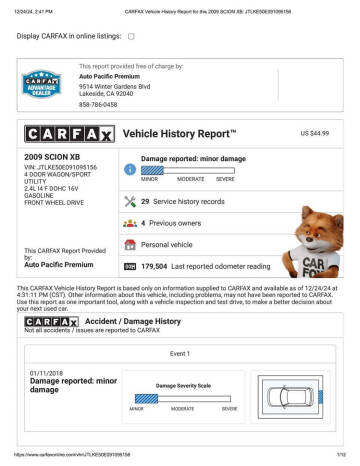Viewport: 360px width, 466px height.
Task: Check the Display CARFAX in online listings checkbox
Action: coord(131,36)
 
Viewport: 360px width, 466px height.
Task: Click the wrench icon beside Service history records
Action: coord(129,202)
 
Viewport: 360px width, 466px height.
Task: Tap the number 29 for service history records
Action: coord(146,202)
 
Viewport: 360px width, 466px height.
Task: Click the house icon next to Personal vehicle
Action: coord(129,244)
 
